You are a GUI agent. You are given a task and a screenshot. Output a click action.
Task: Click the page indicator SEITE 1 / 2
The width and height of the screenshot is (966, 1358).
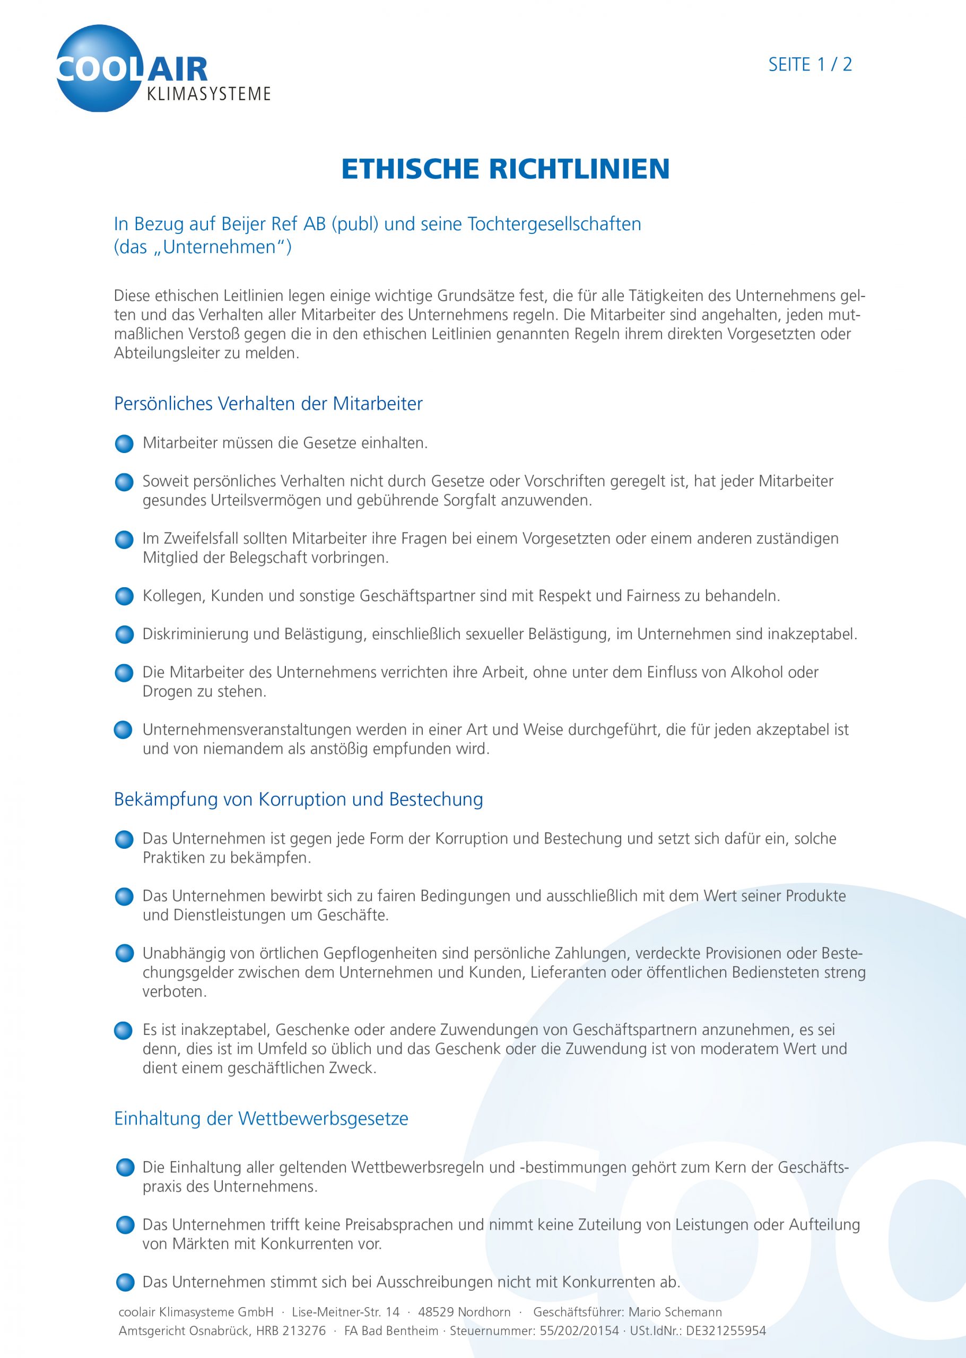(810, 64)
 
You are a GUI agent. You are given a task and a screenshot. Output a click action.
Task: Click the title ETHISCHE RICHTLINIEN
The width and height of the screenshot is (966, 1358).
(506, 169)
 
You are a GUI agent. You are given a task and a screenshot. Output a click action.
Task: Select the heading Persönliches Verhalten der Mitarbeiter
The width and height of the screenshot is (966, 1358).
(268, 403)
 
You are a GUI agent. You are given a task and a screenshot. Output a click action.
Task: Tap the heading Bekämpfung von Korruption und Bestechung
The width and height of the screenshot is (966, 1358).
(298, 799)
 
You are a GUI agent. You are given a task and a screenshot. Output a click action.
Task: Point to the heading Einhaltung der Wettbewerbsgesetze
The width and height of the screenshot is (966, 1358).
(261, 1118)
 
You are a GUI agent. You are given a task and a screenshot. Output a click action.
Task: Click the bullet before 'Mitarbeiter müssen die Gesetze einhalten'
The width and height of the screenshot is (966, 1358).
(124, 444)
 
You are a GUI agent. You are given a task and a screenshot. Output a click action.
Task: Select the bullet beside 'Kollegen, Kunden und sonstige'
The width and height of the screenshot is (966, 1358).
(124, 596)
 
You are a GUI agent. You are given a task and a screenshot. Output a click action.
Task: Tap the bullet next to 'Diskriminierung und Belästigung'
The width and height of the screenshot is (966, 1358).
(124, 634)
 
